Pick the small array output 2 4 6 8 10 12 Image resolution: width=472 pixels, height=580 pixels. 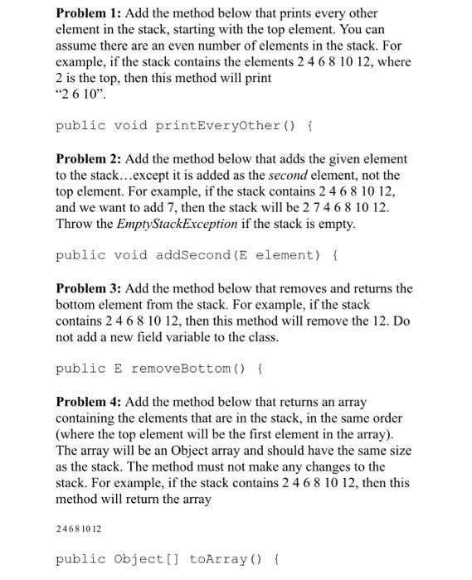(x=79, y=527)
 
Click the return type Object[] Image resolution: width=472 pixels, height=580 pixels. (x=144, y=559)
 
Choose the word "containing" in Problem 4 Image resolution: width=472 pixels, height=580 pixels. (x=90, y=418)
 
